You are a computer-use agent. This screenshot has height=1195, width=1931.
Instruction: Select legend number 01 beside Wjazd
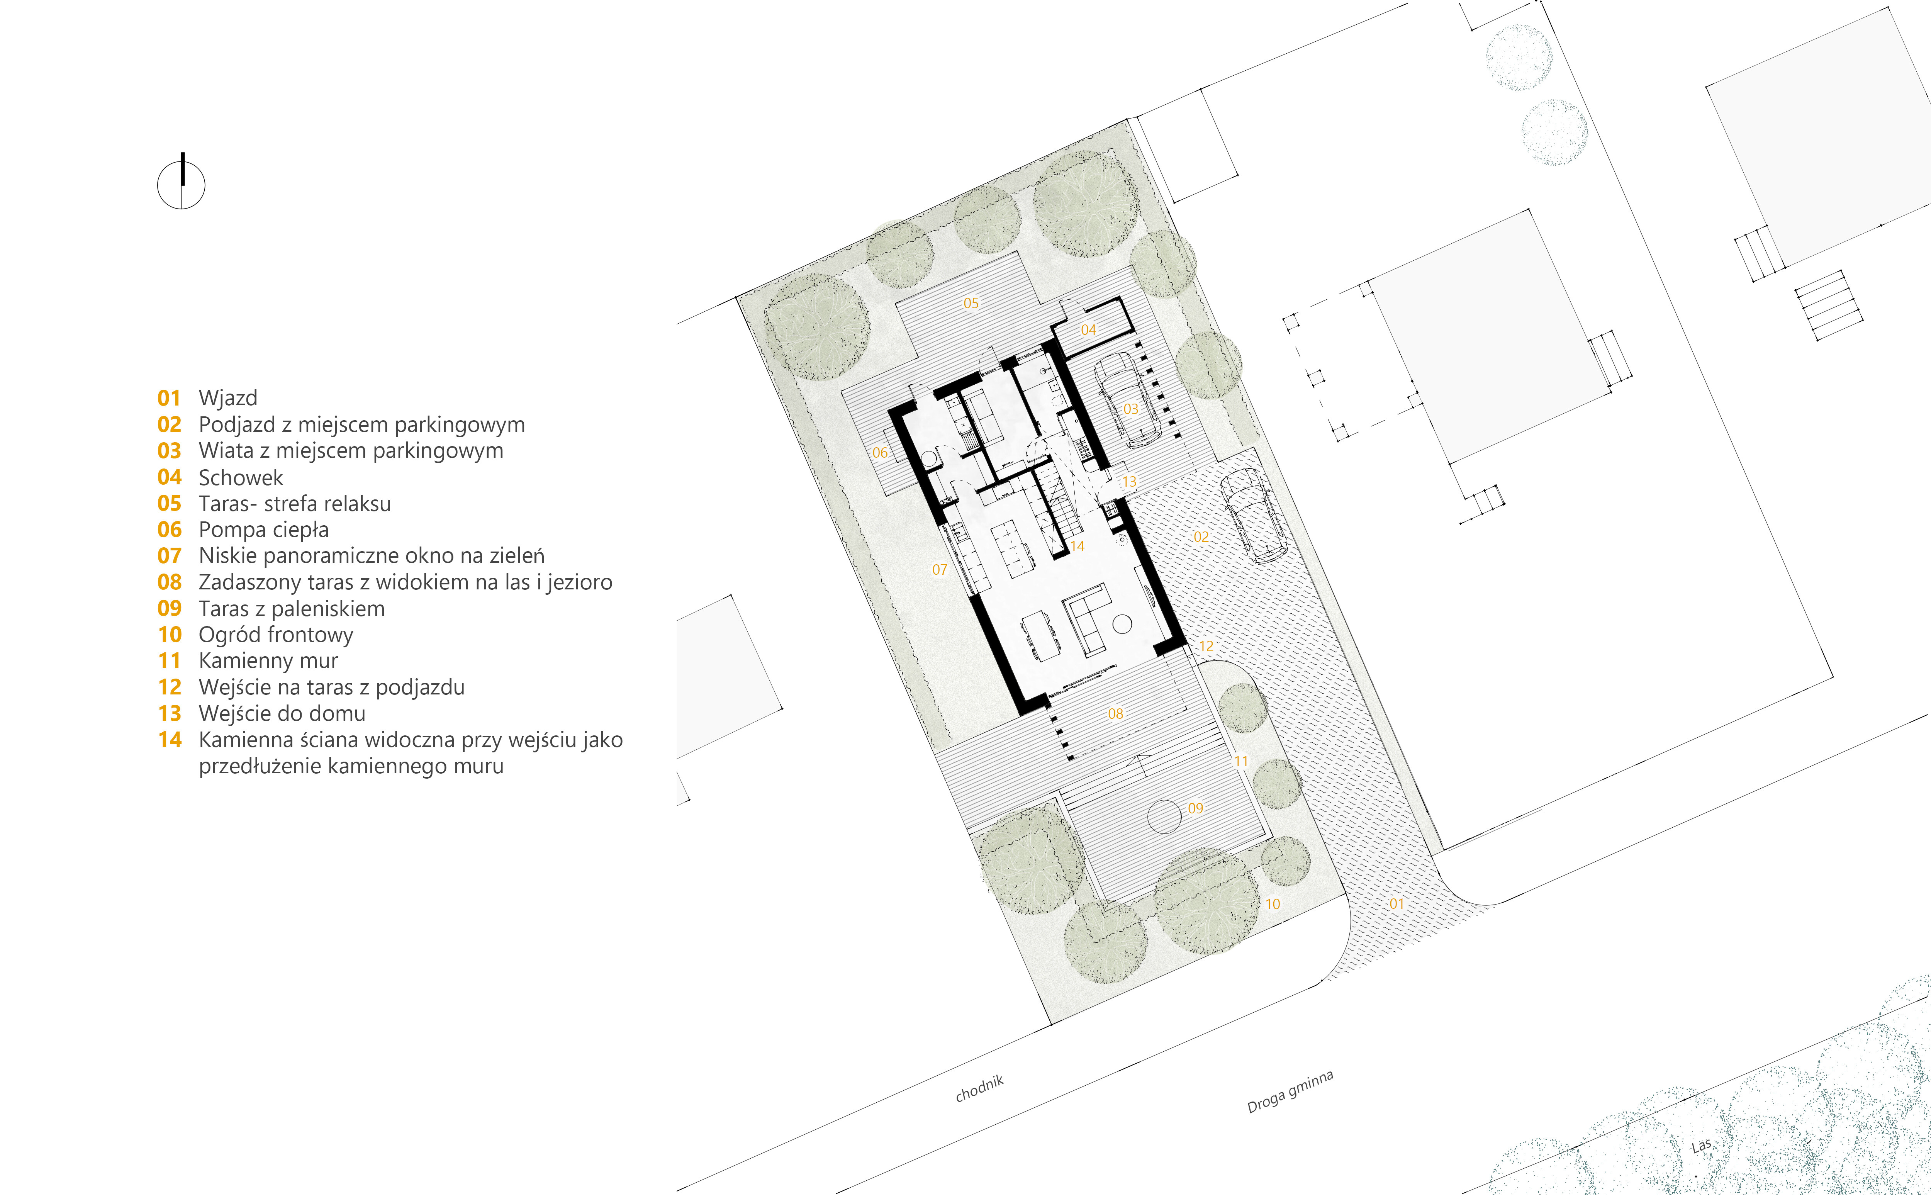point(169,398)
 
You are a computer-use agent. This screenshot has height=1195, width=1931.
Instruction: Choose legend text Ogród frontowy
point(276,635)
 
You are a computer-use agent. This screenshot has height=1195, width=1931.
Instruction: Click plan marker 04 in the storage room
point(1088,329)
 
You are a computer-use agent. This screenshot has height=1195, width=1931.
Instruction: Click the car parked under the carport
point(1127,402)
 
